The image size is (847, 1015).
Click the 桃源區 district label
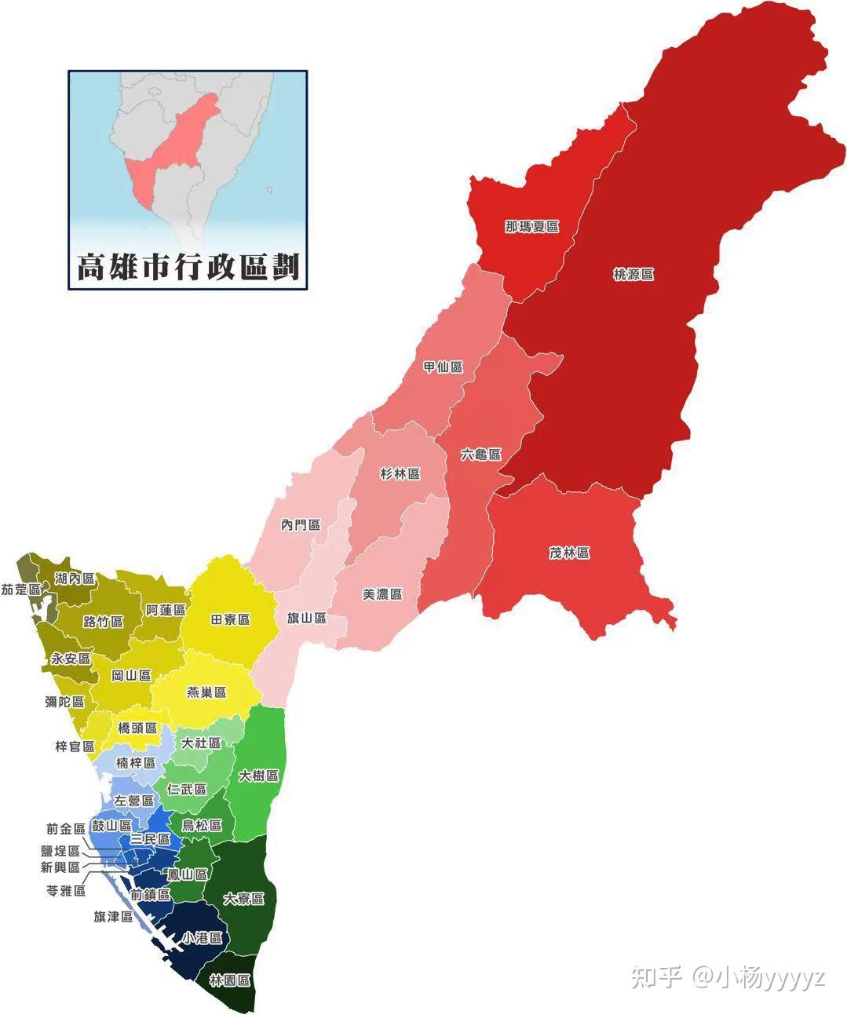tap(633, 275)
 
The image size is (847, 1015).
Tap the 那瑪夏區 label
tap(531, 227)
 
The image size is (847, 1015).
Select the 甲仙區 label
tap(443, 367)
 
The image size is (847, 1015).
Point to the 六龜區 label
tap(480, 455)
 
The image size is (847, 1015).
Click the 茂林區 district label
tap(568, 553)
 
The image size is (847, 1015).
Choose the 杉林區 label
tap(400, 474)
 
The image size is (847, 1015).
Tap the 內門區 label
tap(301, 524)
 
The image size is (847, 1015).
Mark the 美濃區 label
tap(382, 594)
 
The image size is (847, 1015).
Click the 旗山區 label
tap(306, 618)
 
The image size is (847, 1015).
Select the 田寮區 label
tap(230, 619)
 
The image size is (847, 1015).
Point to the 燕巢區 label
tap(206, 692)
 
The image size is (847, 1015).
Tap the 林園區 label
tap(230, 980)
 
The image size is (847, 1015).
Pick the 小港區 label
tap(203, 938)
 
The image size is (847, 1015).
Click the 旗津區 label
tap(113, 916)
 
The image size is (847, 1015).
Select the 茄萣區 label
tap(20, 589)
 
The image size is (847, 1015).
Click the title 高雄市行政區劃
tap(188, 267)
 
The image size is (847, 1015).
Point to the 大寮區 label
tap(243, 899)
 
